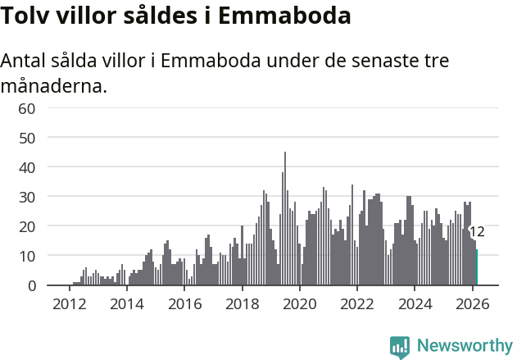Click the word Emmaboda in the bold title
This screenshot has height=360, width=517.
point(288,16)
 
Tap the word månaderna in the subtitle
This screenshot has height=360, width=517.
point(54,85)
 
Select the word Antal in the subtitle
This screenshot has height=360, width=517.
point(26,62)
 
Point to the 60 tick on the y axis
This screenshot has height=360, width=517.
point(26,108)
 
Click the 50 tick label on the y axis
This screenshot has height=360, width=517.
point(26,138)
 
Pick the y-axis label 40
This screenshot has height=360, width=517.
point(26,167)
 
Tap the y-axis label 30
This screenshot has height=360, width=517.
point(26,197)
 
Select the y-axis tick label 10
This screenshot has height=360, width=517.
point(26,256)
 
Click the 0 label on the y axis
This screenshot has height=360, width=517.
point(31,285)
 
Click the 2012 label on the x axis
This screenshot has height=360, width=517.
point(69,303)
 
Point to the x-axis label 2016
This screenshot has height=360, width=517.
point(184,303)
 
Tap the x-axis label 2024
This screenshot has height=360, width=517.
point(415,303)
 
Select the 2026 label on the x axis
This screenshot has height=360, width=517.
point(472,303)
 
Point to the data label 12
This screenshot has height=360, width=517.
point(477,232)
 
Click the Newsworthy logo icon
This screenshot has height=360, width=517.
point(400,346)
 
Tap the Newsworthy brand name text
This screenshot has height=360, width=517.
point(465,345)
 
